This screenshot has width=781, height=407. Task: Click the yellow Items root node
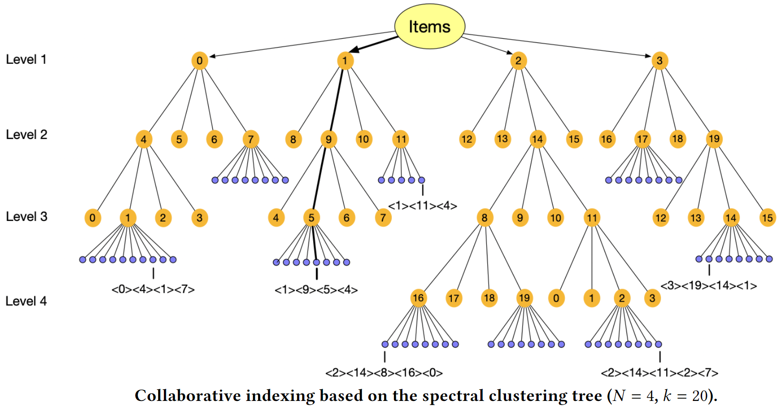[429, 26]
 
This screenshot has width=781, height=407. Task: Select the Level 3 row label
[27, 217]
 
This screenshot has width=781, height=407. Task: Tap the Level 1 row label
[26, 60]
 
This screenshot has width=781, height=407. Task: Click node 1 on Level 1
[345, 61]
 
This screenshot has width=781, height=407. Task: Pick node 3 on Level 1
[660, 61]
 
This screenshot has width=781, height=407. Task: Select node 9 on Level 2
[329, 139]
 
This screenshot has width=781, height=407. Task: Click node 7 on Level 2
[251, 139]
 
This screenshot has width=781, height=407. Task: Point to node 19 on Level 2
[714, 138]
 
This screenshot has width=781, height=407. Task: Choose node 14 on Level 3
[731, 218]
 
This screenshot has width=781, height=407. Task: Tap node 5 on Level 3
[311, 218]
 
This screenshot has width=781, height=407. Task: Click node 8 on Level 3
[485, 218]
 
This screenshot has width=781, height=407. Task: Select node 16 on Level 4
[418, 298]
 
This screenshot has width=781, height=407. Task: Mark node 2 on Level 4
[622, 298]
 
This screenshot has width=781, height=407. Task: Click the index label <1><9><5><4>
[316, 290]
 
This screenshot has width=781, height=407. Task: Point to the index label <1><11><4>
[422, 206]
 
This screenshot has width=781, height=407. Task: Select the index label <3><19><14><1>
[709, 286]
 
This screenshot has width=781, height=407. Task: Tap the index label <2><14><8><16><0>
[384, 373]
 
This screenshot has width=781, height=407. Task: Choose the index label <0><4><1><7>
[153, 290]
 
